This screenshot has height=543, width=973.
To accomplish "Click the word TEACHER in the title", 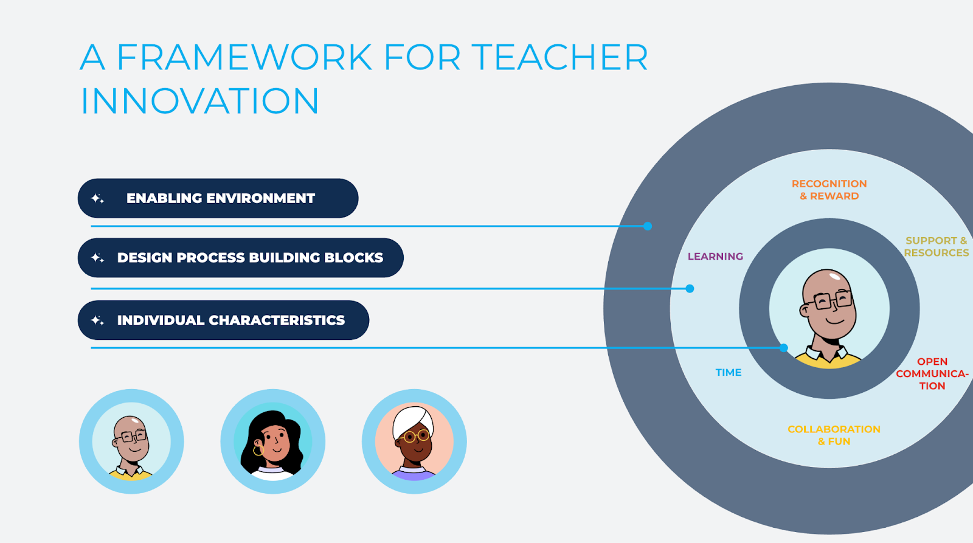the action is [559, 57].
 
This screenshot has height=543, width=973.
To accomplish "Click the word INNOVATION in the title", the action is [200, 101].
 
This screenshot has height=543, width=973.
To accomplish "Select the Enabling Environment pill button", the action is [218, 198].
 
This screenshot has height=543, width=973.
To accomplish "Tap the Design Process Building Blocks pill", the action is [241, 258].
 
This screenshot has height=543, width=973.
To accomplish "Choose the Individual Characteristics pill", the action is [223, 320].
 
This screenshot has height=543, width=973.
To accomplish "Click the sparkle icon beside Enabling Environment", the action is [97, 198].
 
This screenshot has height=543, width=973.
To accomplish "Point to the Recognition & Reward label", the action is [829, 190].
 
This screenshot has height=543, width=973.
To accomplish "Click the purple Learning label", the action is [715, 256].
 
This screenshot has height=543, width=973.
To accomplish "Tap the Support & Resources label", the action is [937, 247].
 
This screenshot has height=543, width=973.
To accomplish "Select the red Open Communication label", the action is [932, 373].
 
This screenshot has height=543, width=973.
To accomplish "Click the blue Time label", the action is [729, 372].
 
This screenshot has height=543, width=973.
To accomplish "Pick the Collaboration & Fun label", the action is [834, 435].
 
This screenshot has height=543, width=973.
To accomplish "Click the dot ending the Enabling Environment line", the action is [648, 226].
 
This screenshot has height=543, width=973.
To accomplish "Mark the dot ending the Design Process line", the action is [690, 288].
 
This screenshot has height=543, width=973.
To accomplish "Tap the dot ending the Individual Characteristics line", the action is [784, 348].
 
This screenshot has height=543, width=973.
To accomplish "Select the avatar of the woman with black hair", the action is [273, 441].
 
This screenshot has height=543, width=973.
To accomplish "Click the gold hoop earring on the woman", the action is [258, 450].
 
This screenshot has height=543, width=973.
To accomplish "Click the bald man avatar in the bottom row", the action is [131, 441].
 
